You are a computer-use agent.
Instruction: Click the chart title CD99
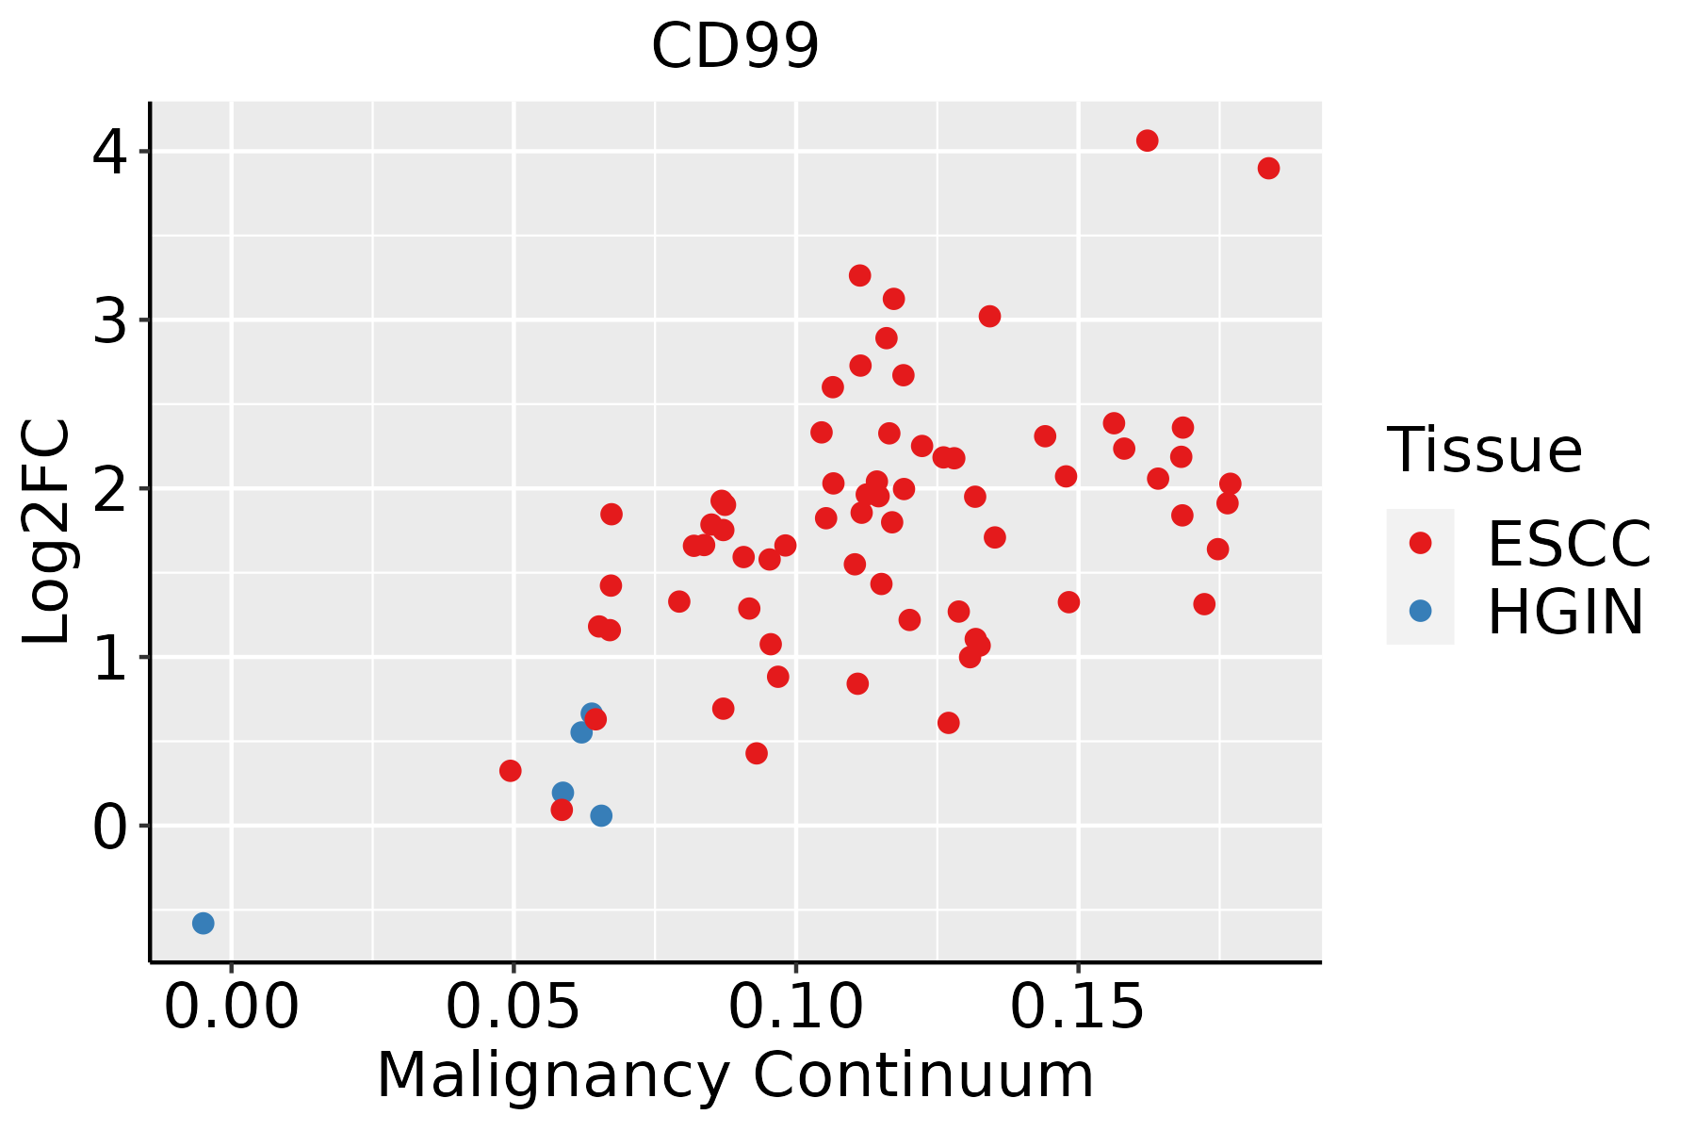735,46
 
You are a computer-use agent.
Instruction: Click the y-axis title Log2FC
47,532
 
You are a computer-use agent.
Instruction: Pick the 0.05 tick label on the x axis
513,1008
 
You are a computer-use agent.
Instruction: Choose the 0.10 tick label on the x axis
796,1008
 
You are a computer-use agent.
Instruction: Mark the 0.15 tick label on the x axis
1078,1008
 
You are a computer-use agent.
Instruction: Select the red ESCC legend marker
1420,543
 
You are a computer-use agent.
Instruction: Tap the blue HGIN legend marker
1420,611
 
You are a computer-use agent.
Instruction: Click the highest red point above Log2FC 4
1147,140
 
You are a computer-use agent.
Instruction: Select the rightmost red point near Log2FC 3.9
1268,169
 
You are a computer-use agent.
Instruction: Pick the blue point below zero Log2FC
203,923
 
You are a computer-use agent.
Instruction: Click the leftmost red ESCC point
510,771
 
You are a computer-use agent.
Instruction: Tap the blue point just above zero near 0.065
601,815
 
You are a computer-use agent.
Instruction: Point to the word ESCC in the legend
1569,544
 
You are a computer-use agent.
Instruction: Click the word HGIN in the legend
1566,612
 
